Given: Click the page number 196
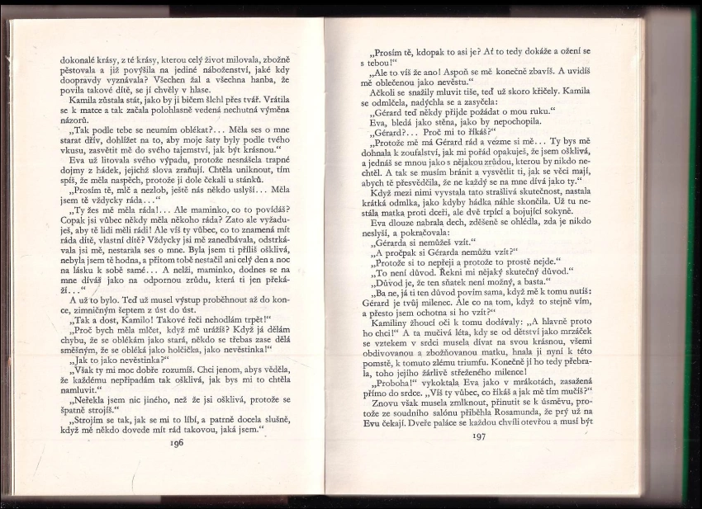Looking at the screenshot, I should click(175, 442).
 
